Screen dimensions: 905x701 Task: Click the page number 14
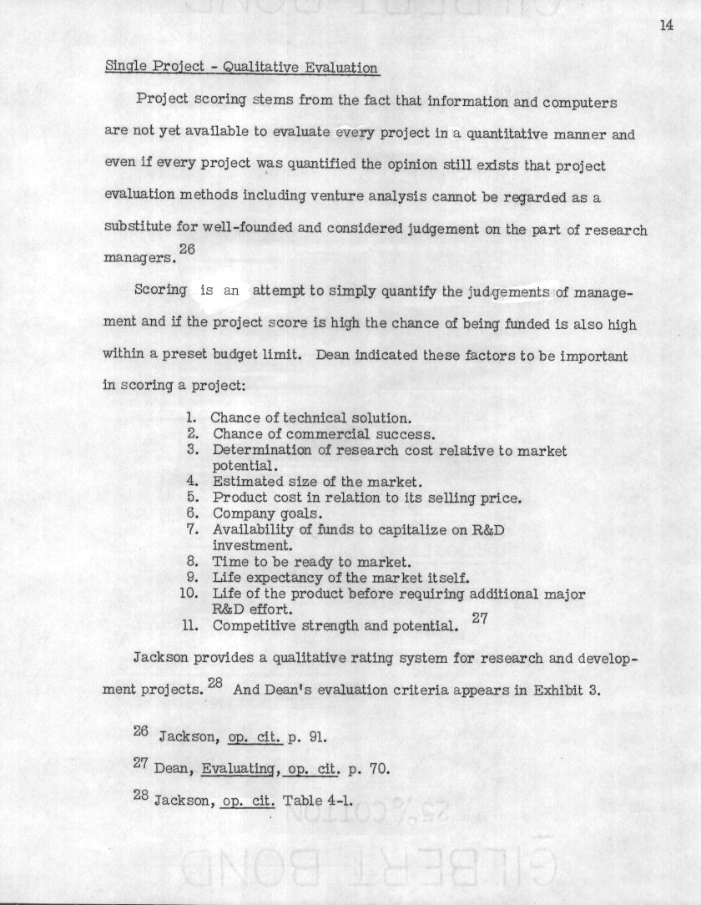click(666, 25)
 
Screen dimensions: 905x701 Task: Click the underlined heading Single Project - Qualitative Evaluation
click(241, 68)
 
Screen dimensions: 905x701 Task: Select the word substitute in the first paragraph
click(137, 228)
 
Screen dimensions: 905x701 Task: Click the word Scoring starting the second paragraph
click(160, 291)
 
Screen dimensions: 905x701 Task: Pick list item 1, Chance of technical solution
click(310, 417)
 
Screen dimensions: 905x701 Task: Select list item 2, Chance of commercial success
click(324, 434)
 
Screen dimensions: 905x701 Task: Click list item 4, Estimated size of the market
click(317, 482)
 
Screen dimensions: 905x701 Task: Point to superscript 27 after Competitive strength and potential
click(480, 619)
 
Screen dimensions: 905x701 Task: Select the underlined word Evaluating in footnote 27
click(235, 769)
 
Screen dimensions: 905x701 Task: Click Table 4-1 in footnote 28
click(318, 801)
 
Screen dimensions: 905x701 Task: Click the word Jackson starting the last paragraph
click(160, 658)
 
